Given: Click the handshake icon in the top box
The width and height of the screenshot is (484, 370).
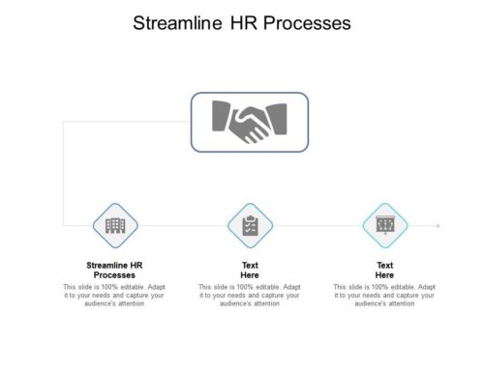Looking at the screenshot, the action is click(x=250, y=121).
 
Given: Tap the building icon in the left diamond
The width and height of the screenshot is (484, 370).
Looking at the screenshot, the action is click(x=115, y=225).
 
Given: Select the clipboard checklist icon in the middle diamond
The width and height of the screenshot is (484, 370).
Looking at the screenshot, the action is click(x=250, y=225).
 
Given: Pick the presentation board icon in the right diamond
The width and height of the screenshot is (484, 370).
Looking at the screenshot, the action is click(x=385, y=225).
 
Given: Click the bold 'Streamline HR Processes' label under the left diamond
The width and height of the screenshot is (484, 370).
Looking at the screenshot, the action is click(x=115, y=270).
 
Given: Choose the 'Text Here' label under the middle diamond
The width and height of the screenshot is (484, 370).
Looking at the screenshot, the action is click(x=250, y=270).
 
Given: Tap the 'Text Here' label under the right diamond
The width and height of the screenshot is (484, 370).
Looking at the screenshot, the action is click(x=385, y=270).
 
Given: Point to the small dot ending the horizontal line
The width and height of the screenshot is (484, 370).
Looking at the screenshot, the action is click(x=439, y=225).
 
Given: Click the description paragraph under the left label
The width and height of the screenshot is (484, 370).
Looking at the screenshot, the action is click(x=115, y=295).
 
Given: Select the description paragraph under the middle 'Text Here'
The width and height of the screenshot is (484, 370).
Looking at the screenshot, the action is click(x=250, y=295).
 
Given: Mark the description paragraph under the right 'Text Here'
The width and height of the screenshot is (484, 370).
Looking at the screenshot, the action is click(x=385, y=295).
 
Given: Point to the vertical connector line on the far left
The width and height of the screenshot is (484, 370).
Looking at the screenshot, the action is click(x=63, y=174).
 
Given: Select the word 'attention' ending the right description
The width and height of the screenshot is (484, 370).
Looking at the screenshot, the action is click(x=400, y=303).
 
